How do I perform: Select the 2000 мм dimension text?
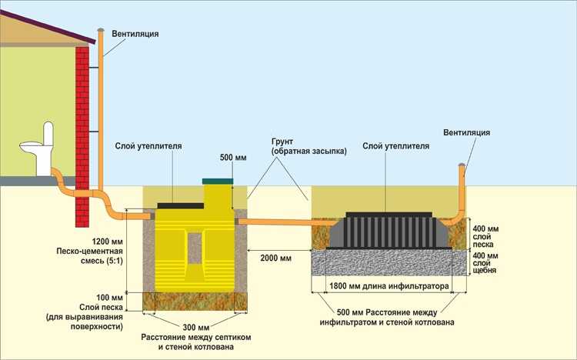click(275, 258)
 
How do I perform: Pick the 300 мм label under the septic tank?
click(195, 326)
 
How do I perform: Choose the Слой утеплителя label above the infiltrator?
click(395, 146)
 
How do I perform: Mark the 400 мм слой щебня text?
click(487, 263)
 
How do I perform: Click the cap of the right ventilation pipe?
click(462, 165)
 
